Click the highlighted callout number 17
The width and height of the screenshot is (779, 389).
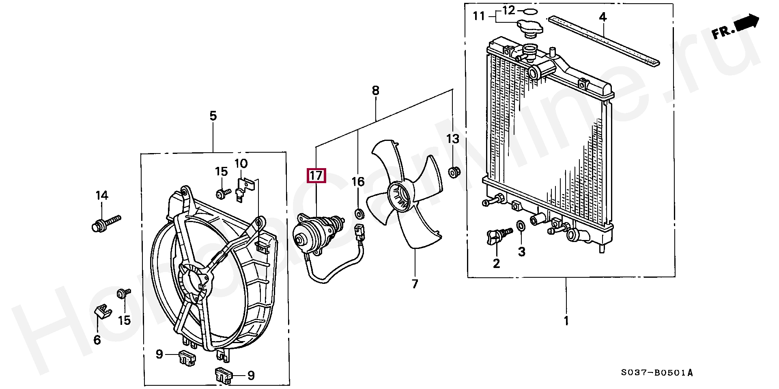[x=316, y=176]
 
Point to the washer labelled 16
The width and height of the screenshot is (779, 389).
[x=359, y=213]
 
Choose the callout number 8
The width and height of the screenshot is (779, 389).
[x=375, y=91]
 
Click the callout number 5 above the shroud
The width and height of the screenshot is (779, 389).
[x=213, y=117]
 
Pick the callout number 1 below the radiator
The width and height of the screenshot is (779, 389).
[x=566, y=321]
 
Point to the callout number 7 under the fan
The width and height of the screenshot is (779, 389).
[x=415, y=284]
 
